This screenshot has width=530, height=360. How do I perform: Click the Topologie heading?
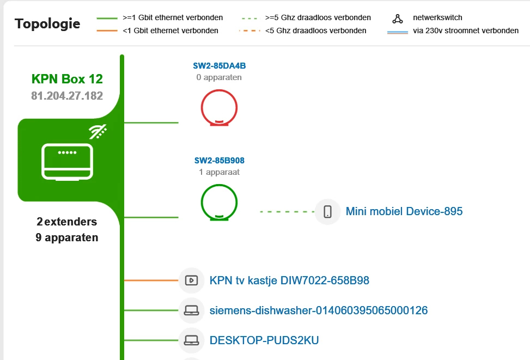(47, 24)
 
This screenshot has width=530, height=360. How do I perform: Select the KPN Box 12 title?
(67, 79)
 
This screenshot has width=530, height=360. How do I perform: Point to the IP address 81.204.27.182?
(67, 96)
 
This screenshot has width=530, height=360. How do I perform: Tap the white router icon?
(67, 162)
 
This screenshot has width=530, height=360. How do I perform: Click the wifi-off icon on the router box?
(98, 132)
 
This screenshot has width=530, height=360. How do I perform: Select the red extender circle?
(219, 107)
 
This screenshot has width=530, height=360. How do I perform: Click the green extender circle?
(219, 202)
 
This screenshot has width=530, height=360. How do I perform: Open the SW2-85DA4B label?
(219, 66)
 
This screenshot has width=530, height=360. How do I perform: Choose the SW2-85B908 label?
(219, 161)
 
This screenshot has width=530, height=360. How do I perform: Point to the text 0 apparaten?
(219, 77)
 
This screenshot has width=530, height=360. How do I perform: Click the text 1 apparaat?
(219, 172)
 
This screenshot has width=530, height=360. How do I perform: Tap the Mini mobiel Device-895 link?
(404, 211)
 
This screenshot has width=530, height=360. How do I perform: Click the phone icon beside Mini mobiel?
(328, 211)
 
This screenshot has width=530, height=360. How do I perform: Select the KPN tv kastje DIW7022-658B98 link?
(289, 280)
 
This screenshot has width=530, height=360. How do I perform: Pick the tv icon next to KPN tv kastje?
(191, 280)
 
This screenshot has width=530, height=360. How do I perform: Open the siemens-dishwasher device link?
(318, 310)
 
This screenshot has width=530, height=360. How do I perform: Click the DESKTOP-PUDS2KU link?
(264, 340)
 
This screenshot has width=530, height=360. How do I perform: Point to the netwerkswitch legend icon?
(398, 19)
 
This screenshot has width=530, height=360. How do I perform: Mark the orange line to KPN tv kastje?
(151, 280)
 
